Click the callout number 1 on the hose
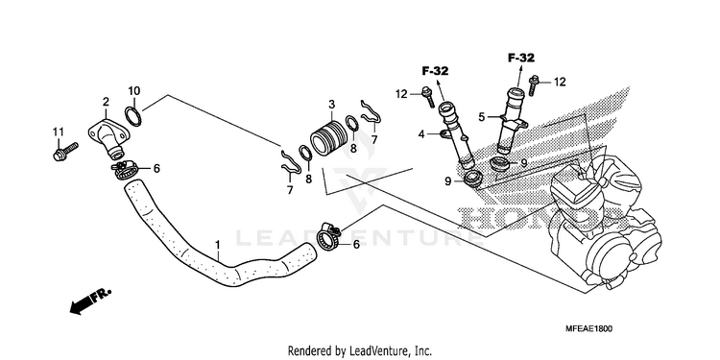[x=218, y=244]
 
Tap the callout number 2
[x=106, y=102]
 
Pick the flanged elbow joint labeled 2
[x=109, y=136]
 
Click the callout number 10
[x=134, y=90]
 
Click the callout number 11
[x=58, y=132]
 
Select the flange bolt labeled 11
[x=65, y=152]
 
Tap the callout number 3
[x=331, y=105]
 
